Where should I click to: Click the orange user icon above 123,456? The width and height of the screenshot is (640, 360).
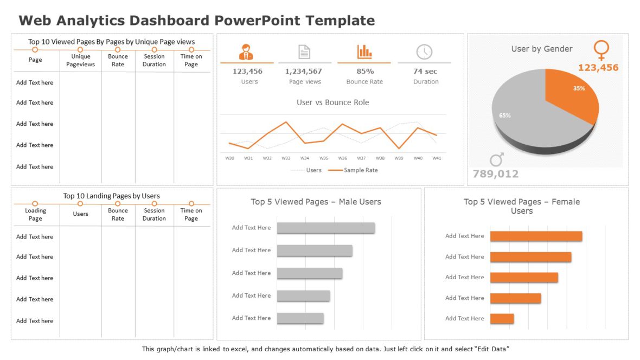tap(246, 52)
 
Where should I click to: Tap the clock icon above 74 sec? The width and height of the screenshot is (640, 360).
tap(424, 52)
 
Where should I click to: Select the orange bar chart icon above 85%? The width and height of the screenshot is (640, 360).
tap(364, 52)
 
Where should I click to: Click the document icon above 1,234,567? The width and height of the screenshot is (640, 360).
tap(304, 52)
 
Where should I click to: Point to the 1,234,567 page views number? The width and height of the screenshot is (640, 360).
tap(304, 72)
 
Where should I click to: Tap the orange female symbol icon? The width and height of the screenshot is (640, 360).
tap(601, 50)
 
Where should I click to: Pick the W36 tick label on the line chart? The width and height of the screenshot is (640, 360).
tap(343, 158)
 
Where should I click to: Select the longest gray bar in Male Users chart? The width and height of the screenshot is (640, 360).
tap(325, 228)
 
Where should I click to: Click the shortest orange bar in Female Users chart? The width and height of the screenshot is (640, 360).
tap(502, 319)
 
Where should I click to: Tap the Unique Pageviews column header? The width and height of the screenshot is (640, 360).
tap(80, 60)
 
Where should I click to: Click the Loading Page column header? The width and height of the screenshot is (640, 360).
tap(36, 215)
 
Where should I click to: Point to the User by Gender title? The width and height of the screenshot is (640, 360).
tap(541, 49)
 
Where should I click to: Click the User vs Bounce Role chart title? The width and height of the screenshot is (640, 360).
tap(332, 102)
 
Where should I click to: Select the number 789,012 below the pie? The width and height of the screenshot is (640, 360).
tap(495, 174)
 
